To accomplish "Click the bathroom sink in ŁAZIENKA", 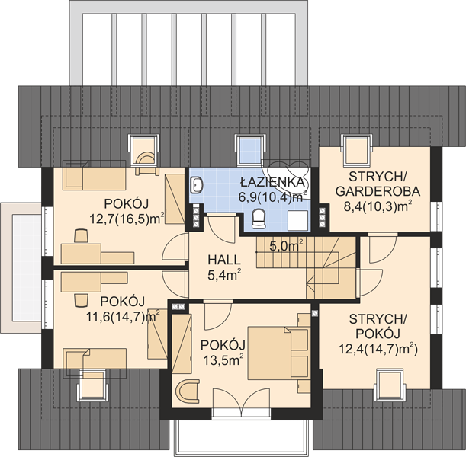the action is click(x=197, y=185).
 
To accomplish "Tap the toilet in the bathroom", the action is click(x=259, y=219).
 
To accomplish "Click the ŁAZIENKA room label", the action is click(x=273, y=182).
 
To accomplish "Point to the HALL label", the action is click(x=224, y=260).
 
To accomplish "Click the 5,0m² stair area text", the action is click(x=286, y=246).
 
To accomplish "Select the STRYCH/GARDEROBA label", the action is click(x=378, y=184).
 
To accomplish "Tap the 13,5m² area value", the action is click(x=223, y=360).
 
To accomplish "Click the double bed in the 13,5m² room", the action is click(x=278, y=353).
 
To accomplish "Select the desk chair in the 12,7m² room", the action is click(x=81, y=236).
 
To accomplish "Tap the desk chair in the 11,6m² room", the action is click(x=82, y=300).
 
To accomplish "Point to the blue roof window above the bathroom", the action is click(x=250, y=149).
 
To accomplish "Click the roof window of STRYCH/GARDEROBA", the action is click(x=356, y=149).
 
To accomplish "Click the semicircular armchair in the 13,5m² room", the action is click(x=187, y=391).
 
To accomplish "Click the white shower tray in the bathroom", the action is click(x=299, y=220).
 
